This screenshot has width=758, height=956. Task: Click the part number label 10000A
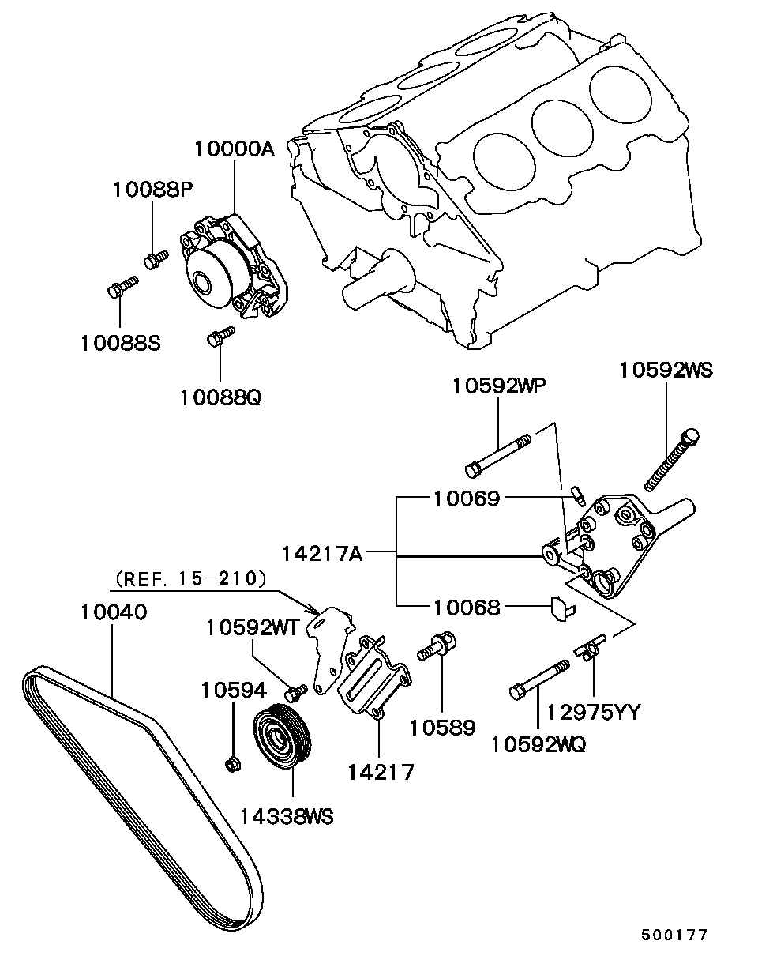[x=235, y=149]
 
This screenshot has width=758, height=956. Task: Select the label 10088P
[x=152, y=189]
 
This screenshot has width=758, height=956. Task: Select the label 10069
[x=465, y=499]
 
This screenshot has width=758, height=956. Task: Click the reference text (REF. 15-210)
[x=189, y=579]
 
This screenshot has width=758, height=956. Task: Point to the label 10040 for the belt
[x=113, y=612]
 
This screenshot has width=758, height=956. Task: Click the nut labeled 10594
[x=233, y=763]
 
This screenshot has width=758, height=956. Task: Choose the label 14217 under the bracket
[x=380, y=771]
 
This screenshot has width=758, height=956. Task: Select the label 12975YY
[x=593, y=712]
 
